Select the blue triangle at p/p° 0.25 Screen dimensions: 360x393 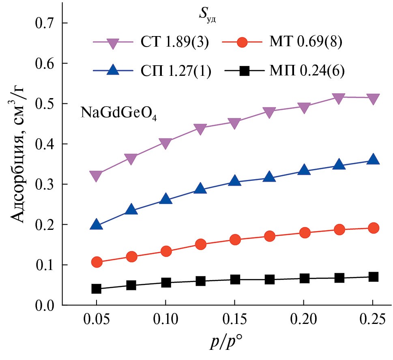pyautogui.click(x=373, y=159)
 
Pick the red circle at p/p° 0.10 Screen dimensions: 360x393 pyautogui.click(x=165, y=251)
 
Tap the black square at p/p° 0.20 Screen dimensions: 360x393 pyautogui.click(x=305, y=278)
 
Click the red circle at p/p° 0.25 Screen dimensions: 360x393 pyautogui.click(x=373, y=228)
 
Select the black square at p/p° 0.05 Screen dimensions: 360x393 pyautogui.click(x=96, y=289)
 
